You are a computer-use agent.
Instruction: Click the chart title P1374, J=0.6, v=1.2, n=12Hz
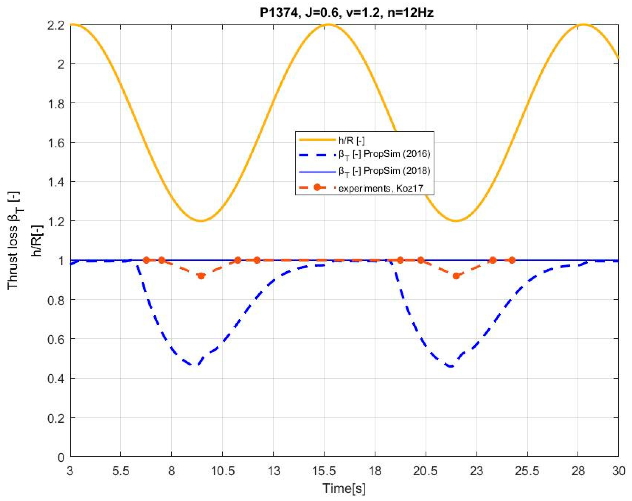(346, 13)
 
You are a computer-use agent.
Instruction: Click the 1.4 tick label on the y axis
(56, 182)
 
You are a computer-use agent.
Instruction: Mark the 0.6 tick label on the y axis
(56, 339)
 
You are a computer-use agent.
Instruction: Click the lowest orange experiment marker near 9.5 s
(201, 276)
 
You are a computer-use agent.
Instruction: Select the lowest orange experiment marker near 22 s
(456, 276)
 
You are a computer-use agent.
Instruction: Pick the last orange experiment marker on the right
(512, 260)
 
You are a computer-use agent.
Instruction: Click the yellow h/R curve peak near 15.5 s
(328, 24)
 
